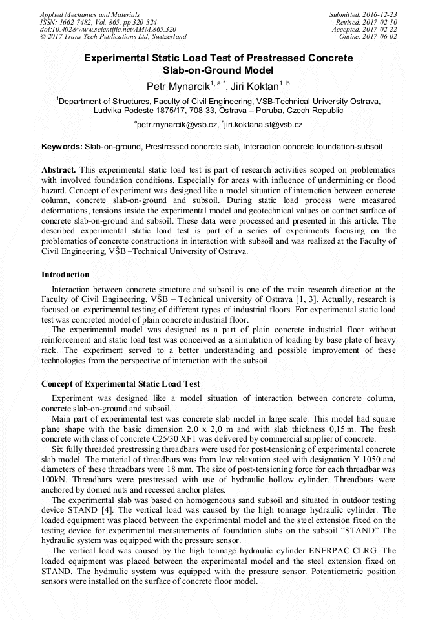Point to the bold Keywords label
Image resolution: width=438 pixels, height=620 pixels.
pos(62,147)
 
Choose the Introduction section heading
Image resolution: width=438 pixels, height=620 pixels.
pos(65,275)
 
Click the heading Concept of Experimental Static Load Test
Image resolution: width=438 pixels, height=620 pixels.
pos(120,384)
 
